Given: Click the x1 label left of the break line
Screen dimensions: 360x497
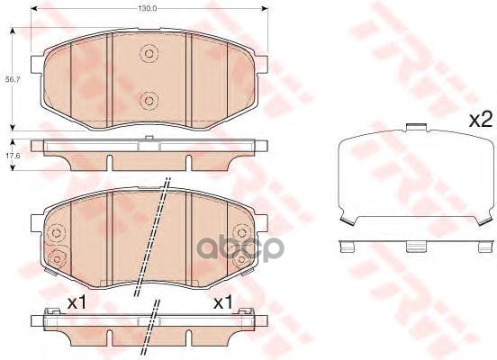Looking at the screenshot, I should click(x=78, y=302).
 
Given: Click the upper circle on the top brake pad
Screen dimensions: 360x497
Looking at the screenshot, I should click(x=149, y=55).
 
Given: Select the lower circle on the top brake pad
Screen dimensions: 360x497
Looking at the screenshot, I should click(x=149, y=99).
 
